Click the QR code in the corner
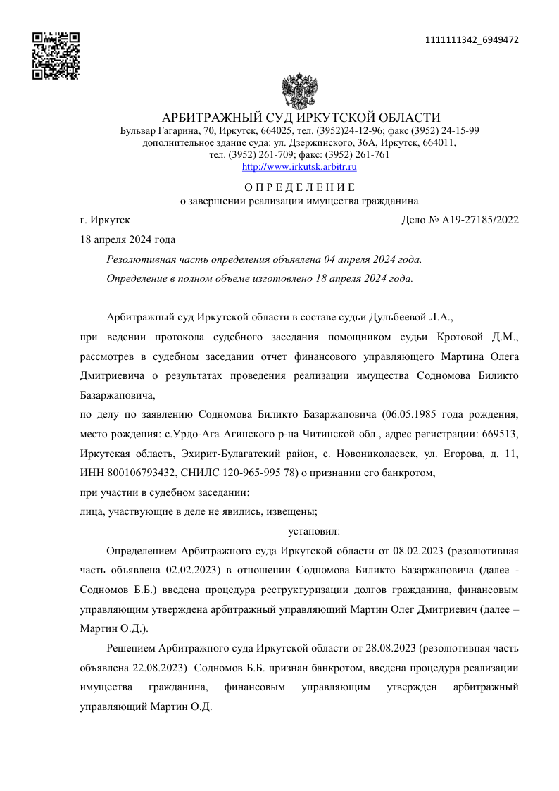56,56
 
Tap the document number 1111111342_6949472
472,39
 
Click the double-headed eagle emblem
299,89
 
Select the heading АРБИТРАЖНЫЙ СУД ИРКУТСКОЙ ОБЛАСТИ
301,118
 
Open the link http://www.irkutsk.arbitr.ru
299,167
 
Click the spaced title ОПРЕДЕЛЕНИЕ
299,187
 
